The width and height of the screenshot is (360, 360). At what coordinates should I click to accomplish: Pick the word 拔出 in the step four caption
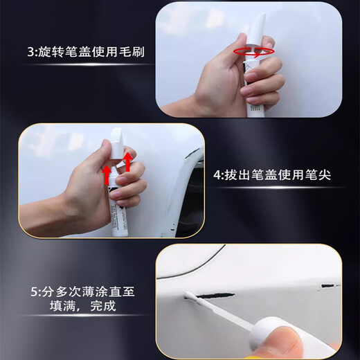[246, 175]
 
